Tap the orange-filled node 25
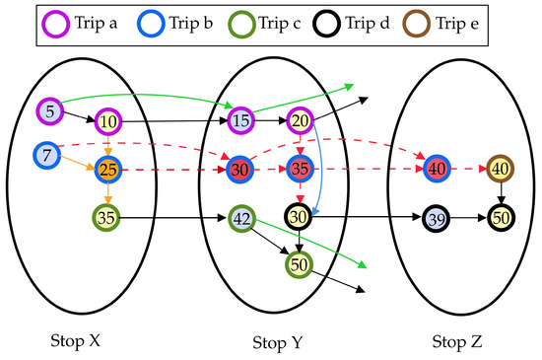[x=107, y=170]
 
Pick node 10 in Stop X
[x=107, y=122]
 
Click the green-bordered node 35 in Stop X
[x=107, y=216]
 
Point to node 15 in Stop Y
[x=241, y=121]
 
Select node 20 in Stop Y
[x=300, y=121]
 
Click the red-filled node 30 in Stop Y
[x=239, y=169]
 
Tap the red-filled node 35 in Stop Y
[x=300, y=169]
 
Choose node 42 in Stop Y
[x=241, y=217]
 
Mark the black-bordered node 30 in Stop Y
[x=300, y=216]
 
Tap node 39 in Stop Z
[x=438, y=217]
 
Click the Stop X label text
[x=76, y=341]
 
